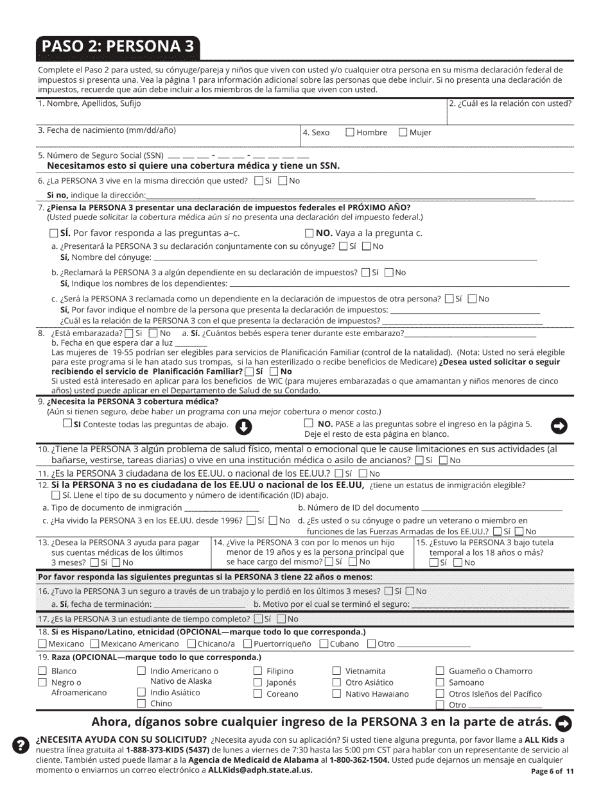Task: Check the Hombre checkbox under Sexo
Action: pyautogui.click(x=350, y=133)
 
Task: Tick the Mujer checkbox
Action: pyautogui.click(x=403, y=133)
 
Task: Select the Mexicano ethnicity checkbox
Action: pyautogui.click(x=42, y=643)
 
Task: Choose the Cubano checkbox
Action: pyautogui.click(x=324, y=643)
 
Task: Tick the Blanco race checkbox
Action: pyautogui.click(x=42, y=671)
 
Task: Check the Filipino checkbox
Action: pyautogui.click(x=257, y=671)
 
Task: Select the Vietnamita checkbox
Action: pyautogui.click(x=336, y=671)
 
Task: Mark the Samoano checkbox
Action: pyautogui.click(x=440, y=683)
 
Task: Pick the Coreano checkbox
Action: pyautogui.click(x=257, y=693)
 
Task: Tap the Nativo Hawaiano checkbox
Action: pyautogui.click(x=336, y=693)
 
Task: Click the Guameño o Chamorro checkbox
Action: pyautogui.click(x=440, y=671)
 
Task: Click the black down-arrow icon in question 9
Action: pyautogui.click(x=244, y=427)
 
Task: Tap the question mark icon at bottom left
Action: pyautogui.click(x=21, y=744)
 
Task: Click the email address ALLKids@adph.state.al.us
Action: pyautogui.click(x=260, y=770)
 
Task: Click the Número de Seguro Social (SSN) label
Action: pyautogui.click(x=101, y=155)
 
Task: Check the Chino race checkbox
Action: pyautogui.click(x=141, y=704)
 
